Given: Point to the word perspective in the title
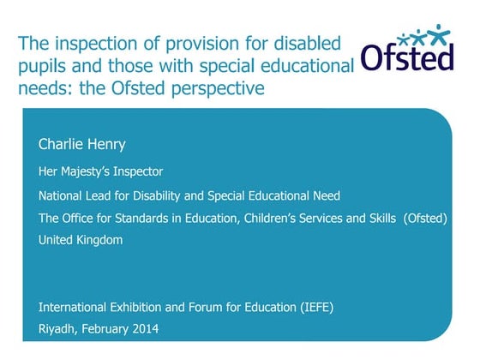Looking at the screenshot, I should [221, 88].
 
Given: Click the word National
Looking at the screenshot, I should [62, 195].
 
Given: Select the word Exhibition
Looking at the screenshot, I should [139, 305].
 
